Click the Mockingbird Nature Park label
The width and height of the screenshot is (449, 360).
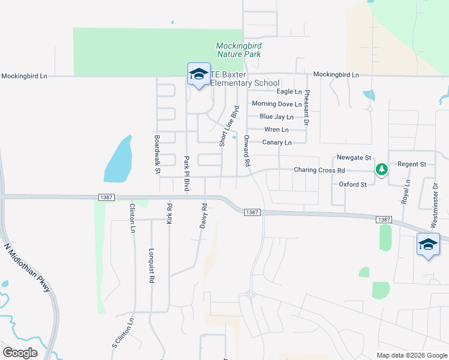pyautogui.click(x=238, y=50)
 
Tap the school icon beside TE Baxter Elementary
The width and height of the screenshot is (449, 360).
pyautogui.click(x=199, y=75)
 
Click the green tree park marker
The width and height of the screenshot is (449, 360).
pyautogui.click(x=381, y=170)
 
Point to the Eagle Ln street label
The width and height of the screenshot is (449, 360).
pyautogui.click(x=289, y=92)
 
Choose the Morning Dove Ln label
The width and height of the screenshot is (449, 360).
pyautogui.click(x=276, y=104)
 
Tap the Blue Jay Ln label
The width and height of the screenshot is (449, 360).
pyautogui.click(x=276, y=117)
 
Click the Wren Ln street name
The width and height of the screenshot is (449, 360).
pyautogui.click(x=276, y=130)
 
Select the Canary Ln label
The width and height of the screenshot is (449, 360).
pyautogui.click(x=277, y=143)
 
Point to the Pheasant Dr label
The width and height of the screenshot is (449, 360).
pyautogui.click(x=306, y=107)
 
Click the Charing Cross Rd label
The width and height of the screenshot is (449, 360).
pyautogui.click(x=319, y=170)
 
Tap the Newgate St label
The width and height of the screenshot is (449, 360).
pyautogui.click(x=354, y=158)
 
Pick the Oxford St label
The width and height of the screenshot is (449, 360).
pyautogui.click(x=353, y=185)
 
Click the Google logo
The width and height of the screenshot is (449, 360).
pyautogui.click(x=20, y=353)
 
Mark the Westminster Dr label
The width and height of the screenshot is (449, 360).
pyautogui.click(x=436, y=206)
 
